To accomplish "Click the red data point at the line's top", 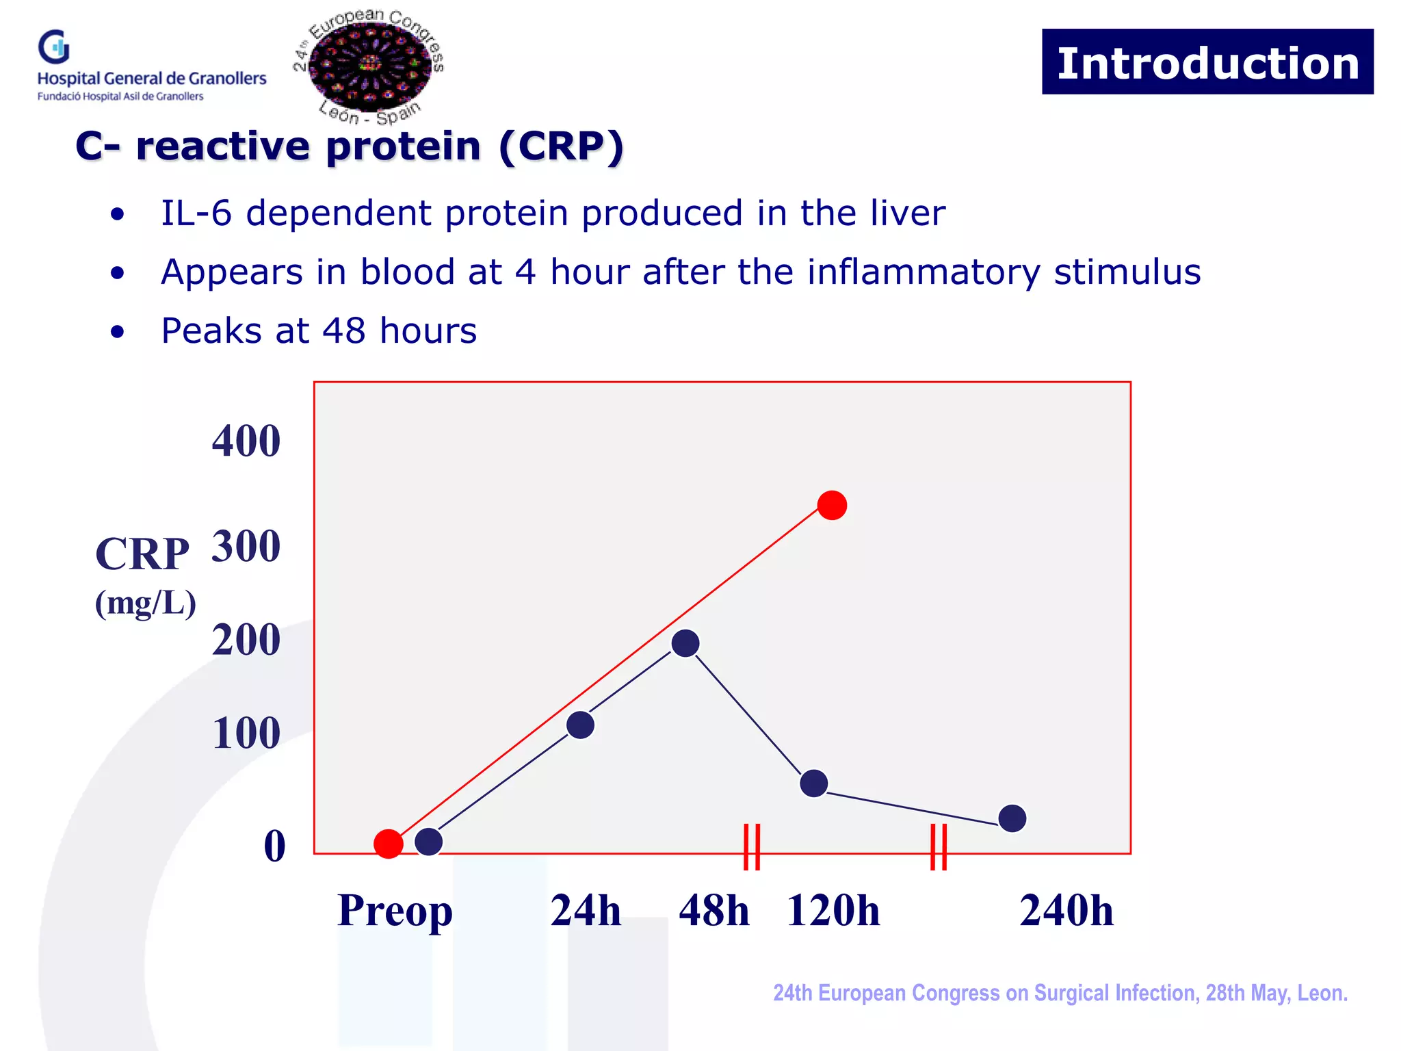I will tap(832, 505).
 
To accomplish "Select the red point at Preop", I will tap(389, 844).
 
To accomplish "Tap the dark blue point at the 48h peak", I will tap(685, 643).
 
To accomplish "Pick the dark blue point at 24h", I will tap(580, 725).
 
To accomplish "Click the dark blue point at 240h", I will tap(1012, 818).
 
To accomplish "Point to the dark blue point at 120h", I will tap(813, 783).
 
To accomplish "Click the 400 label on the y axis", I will tap(246, 441).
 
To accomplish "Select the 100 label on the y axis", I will tap(246, 733).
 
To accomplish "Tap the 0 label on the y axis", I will tap(274, 846).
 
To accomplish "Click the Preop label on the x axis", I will tap(395, 911).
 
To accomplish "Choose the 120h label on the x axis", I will tap(833, 911).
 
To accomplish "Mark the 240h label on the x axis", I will tap(1066, 911).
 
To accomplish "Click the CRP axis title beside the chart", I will tap(142, 554).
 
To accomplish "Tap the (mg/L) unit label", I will tap(145, 603).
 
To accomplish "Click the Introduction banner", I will tap(1207, 62).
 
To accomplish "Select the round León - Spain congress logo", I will tap(369, 66).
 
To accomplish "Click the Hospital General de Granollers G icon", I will tap(54, 47).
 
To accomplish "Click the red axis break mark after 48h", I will tap(752, 846).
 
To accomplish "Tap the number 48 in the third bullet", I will tap(344, 331).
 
